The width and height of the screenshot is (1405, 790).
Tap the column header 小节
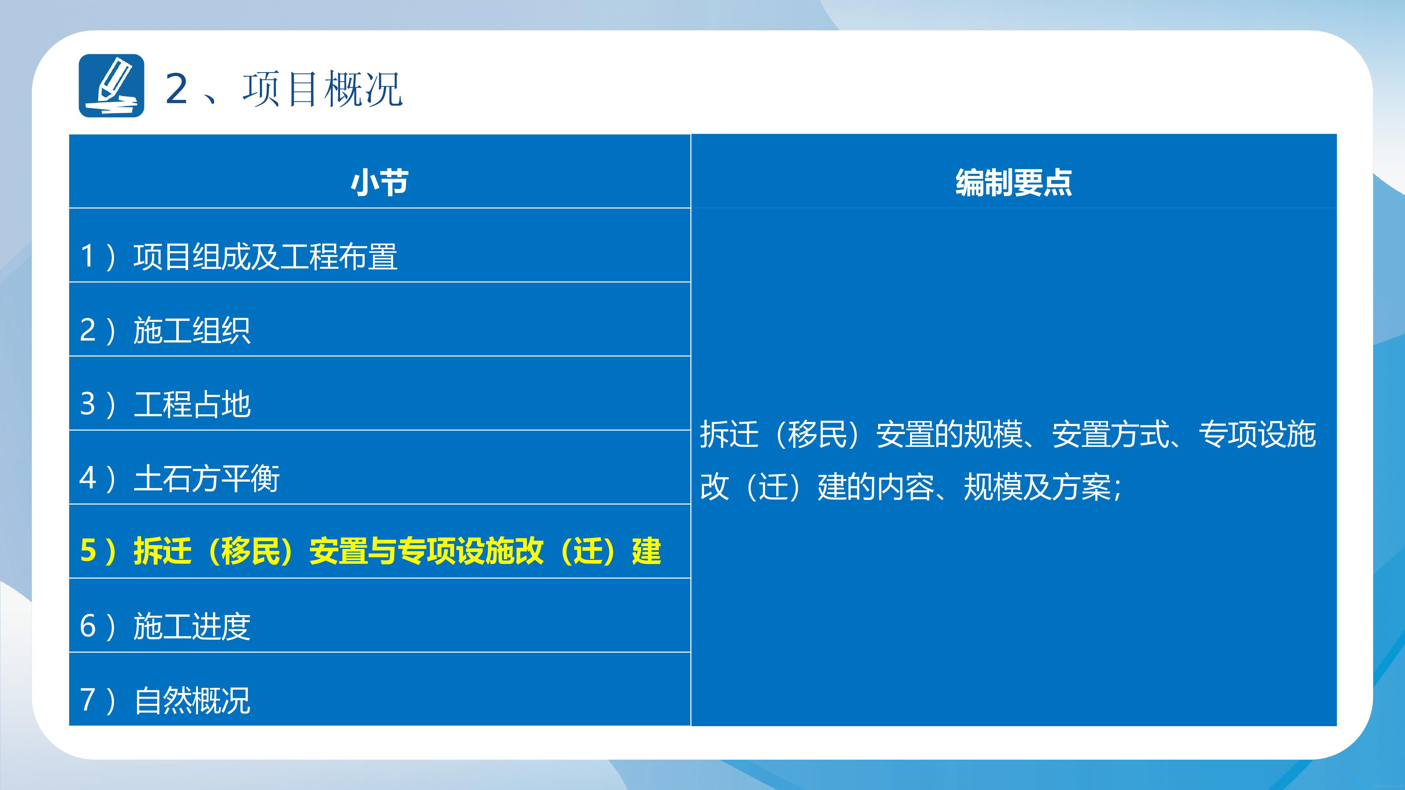pyautogui.click(x=380, y=182)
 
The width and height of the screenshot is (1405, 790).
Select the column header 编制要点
pyautogui.click(x=1014, y=182)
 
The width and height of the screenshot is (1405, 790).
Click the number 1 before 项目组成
pyautogui.click(x=87, y=256)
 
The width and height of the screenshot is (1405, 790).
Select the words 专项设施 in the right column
pyautogui.click(x=1257, y=434)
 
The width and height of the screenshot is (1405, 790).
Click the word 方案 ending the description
pyautogui.click(x=1082, y=487)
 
